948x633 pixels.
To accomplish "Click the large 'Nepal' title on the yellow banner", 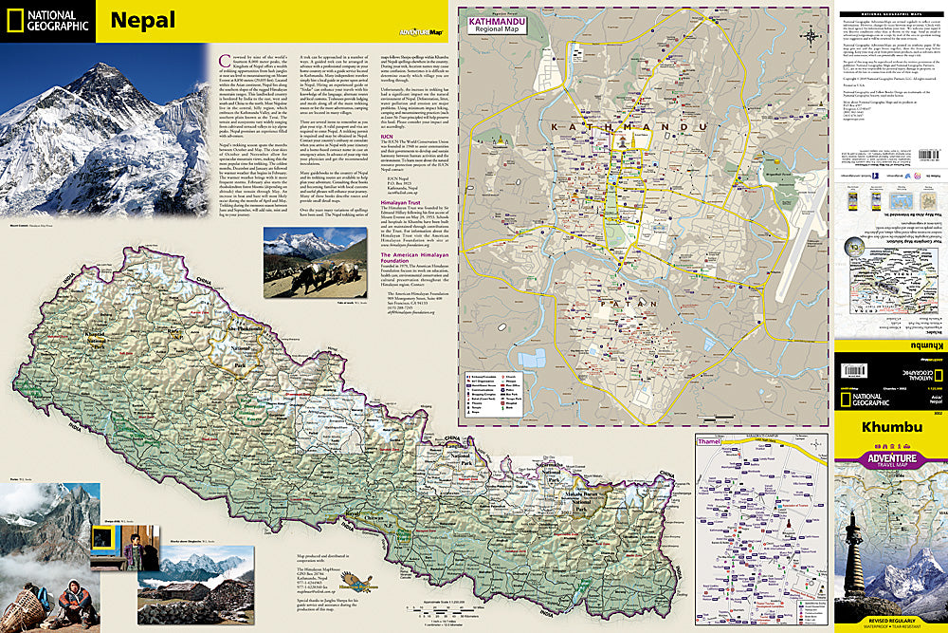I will pos(142,20).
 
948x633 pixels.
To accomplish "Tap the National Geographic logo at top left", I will pos(47,21).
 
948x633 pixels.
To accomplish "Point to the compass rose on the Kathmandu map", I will pos(812,37).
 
